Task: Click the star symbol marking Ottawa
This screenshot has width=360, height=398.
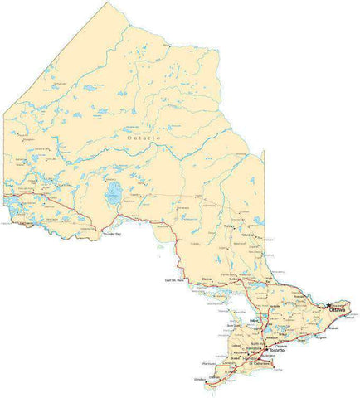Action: [329, 304]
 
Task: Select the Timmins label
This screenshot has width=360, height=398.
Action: [229, 226]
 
